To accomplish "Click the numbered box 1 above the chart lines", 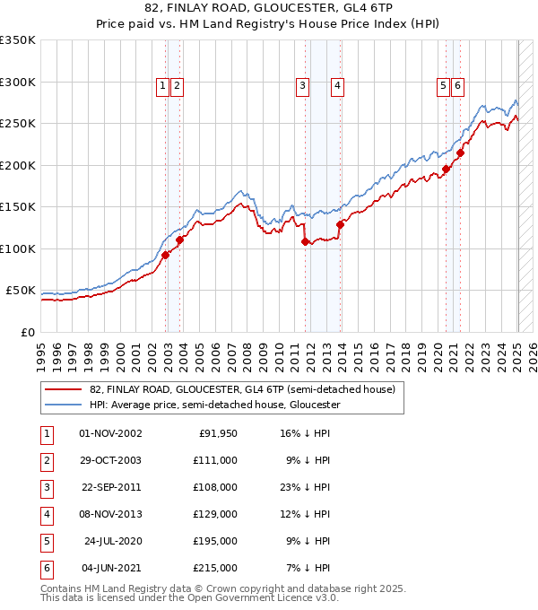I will click(x=162, y=86).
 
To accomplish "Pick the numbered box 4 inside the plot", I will click(x=337, y=86).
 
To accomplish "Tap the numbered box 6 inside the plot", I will click(x=457, y=86).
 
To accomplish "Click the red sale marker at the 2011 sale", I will click(x=305, y=241).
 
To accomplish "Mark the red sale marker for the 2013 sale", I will click(x=340, y=224).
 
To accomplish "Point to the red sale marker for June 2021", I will click(x=460, y=152).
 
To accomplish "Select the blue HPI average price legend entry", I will click(x=214, y=405).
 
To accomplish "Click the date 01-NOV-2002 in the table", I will click(x=110, y=433).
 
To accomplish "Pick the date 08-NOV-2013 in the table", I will click(x=110, y=514).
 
